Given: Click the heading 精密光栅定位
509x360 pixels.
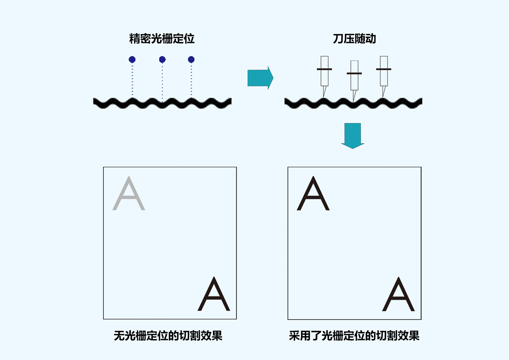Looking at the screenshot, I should pyautogui.click(x=162, y=39).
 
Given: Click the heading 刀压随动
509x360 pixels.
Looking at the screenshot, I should pyautogui.click(x=354, y=39).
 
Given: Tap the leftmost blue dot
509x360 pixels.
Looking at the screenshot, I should pyautogui.click(x=132, y=59).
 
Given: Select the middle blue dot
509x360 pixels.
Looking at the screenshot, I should pyautogui.click(x=162, y=59).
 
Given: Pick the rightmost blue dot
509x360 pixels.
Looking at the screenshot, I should pyautogui.click(x=191, y=59).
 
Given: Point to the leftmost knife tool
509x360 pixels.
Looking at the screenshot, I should pyautogui.click(x=324, y=75).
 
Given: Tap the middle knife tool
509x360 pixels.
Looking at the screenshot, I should pyautogui.click(x=354, y=79).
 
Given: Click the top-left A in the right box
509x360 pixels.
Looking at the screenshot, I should pyautogui.click(x=313, y=194).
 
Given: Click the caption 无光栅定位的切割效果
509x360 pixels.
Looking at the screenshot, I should pyautogui.click(x=168, y=336).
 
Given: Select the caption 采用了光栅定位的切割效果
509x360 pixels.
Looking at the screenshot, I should pyautogui.click(x=354, y=336).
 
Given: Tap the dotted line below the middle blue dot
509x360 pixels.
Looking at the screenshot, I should pyautogui.click(x=162, y=81).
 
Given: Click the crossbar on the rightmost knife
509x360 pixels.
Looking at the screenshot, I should pyautogui.click(x=384, y=69).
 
